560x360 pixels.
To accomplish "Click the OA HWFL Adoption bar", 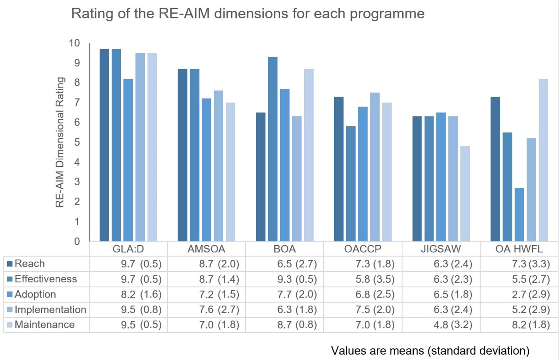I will pos(519,215).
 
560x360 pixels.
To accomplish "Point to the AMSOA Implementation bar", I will pos(218,166).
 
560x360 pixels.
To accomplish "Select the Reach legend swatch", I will pos(10,264).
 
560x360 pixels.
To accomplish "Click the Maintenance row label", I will pos(45,325).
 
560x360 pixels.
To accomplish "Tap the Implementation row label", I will pos(50,309).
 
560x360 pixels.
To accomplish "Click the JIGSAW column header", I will pos(441,249).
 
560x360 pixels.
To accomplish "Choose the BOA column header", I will pos(284,249).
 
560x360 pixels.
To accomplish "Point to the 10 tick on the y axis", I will pos(75,43).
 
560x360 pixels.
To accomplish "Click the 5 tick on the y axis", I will pos(77,142).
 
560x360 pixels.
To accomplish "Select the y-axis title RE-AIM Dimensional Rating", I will pos(60,142).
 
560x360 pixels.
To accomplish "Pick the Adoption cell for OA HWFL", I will pos(531,294).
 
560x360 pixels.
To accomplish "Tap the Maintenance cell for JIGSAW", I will pos(453,325).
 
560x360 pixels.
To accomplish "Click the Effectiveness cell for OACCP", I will pos(375,279).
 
